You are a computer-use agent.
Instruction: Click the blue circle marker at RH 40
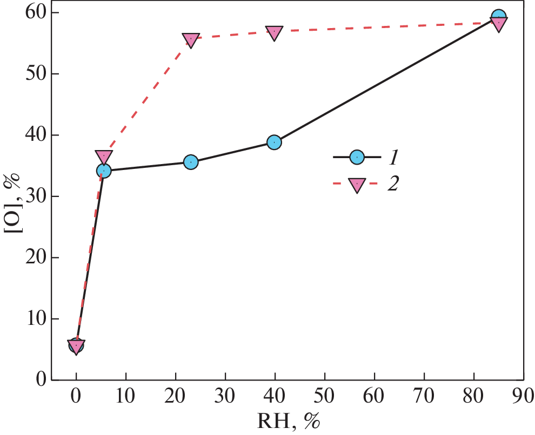[274, 142]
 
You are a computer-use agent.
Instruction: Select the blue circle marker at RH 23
[191, 162]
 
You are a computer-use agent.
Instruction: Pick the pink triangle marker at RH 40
[274, 33]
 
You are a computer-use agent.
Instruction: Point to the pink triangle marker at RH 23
[191, 39]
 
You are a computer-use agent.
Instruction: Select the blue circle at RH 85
[499, 17]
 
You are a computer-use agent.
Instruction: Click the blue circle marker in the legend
[357, 157]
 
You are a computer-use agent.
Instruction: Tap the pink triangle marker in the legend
[357, 185]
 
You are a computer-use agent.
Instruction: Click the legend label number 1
[393, 157]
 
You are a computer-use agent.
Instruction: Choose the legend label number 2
[393, 185]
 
